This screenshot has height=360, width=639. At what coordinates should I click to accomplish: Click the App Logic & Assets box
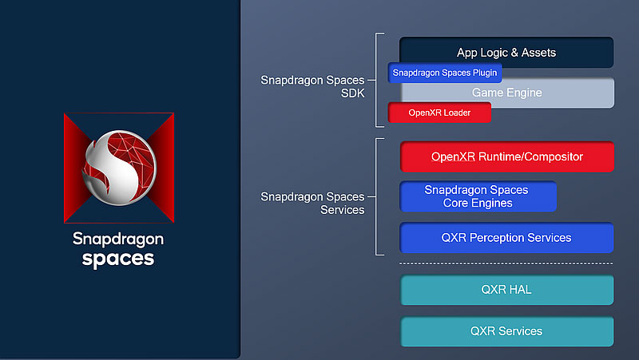point(506,52)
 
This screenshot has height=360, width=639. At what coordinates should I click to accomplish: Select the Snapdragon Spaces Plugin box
point(445,73)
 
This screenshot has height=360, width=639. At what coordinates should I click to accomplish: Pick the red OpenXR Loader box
point(439,113)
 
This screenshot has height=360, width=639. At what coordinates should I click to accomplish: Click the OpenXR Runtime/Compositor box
point(507,156)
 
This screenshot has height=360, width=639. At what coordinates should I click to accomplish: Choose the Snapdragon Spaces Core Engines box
point(478,196)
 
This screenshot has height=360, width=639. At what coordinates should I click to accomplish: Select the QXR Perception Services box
point(506,237)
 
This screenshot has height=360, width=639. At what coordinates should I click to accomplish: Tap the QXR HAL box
point(507,290)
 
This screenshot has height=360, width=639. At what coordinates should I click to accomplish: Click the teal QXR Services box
point(507,331)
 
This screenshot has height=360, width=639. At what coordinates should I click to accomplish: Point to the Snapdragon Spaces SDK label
point(312,86)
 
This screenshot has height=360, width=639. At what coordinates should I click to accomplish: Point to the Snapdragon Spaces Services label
point(312,204)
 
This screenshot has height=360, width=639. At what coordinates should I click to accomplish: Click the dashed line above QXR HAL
point(506,263)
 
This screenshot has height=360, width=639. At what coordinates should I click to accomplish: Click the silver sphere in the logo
point(119,168)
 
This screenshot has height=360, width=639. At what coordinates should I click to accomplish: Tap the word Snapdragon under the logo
point(118,239)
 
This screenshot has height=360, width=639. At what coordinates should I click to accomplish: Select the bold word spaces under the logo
point(118,259)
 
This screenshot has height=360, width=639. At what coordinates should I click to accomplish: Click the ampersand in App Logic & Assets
point(514,53)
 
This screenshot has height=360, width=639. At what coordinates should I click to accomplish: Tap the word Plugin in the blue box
point(485,73)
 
